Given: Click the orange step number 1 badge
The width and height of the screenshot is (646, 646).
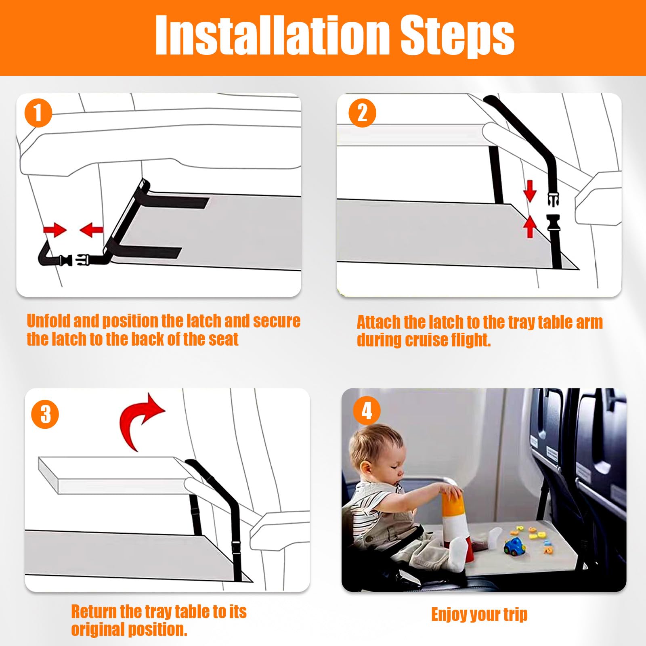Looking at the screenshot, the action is (39, 113).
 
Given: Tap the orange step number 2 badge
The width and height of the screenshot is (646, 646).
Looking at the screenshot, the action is (363, 113).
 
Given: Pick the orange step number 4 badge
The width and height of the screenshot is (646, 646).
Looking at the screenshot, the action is (367, 411).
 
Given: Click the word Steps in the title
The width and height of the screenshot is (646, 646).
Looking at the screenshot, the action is (457, 37).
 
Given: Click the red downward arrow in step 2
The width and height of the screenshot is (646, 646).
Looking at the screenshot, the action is (530, 191).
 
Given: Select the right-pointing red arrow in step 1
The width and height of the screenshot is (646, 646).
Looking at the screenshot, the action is (55, 230).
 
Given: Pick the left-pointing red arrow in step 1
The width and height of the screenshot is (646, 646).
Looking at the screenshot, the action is (91, 230).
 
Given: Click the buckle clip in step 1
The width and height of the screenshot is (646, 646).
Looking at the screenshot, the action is (76, 260).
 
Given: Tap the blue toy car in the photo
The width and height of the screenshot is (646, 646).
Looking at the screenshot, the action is (515, 547).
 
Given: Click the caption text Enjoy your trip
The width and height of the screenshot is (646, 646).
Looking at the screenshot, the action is (479, 615).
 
